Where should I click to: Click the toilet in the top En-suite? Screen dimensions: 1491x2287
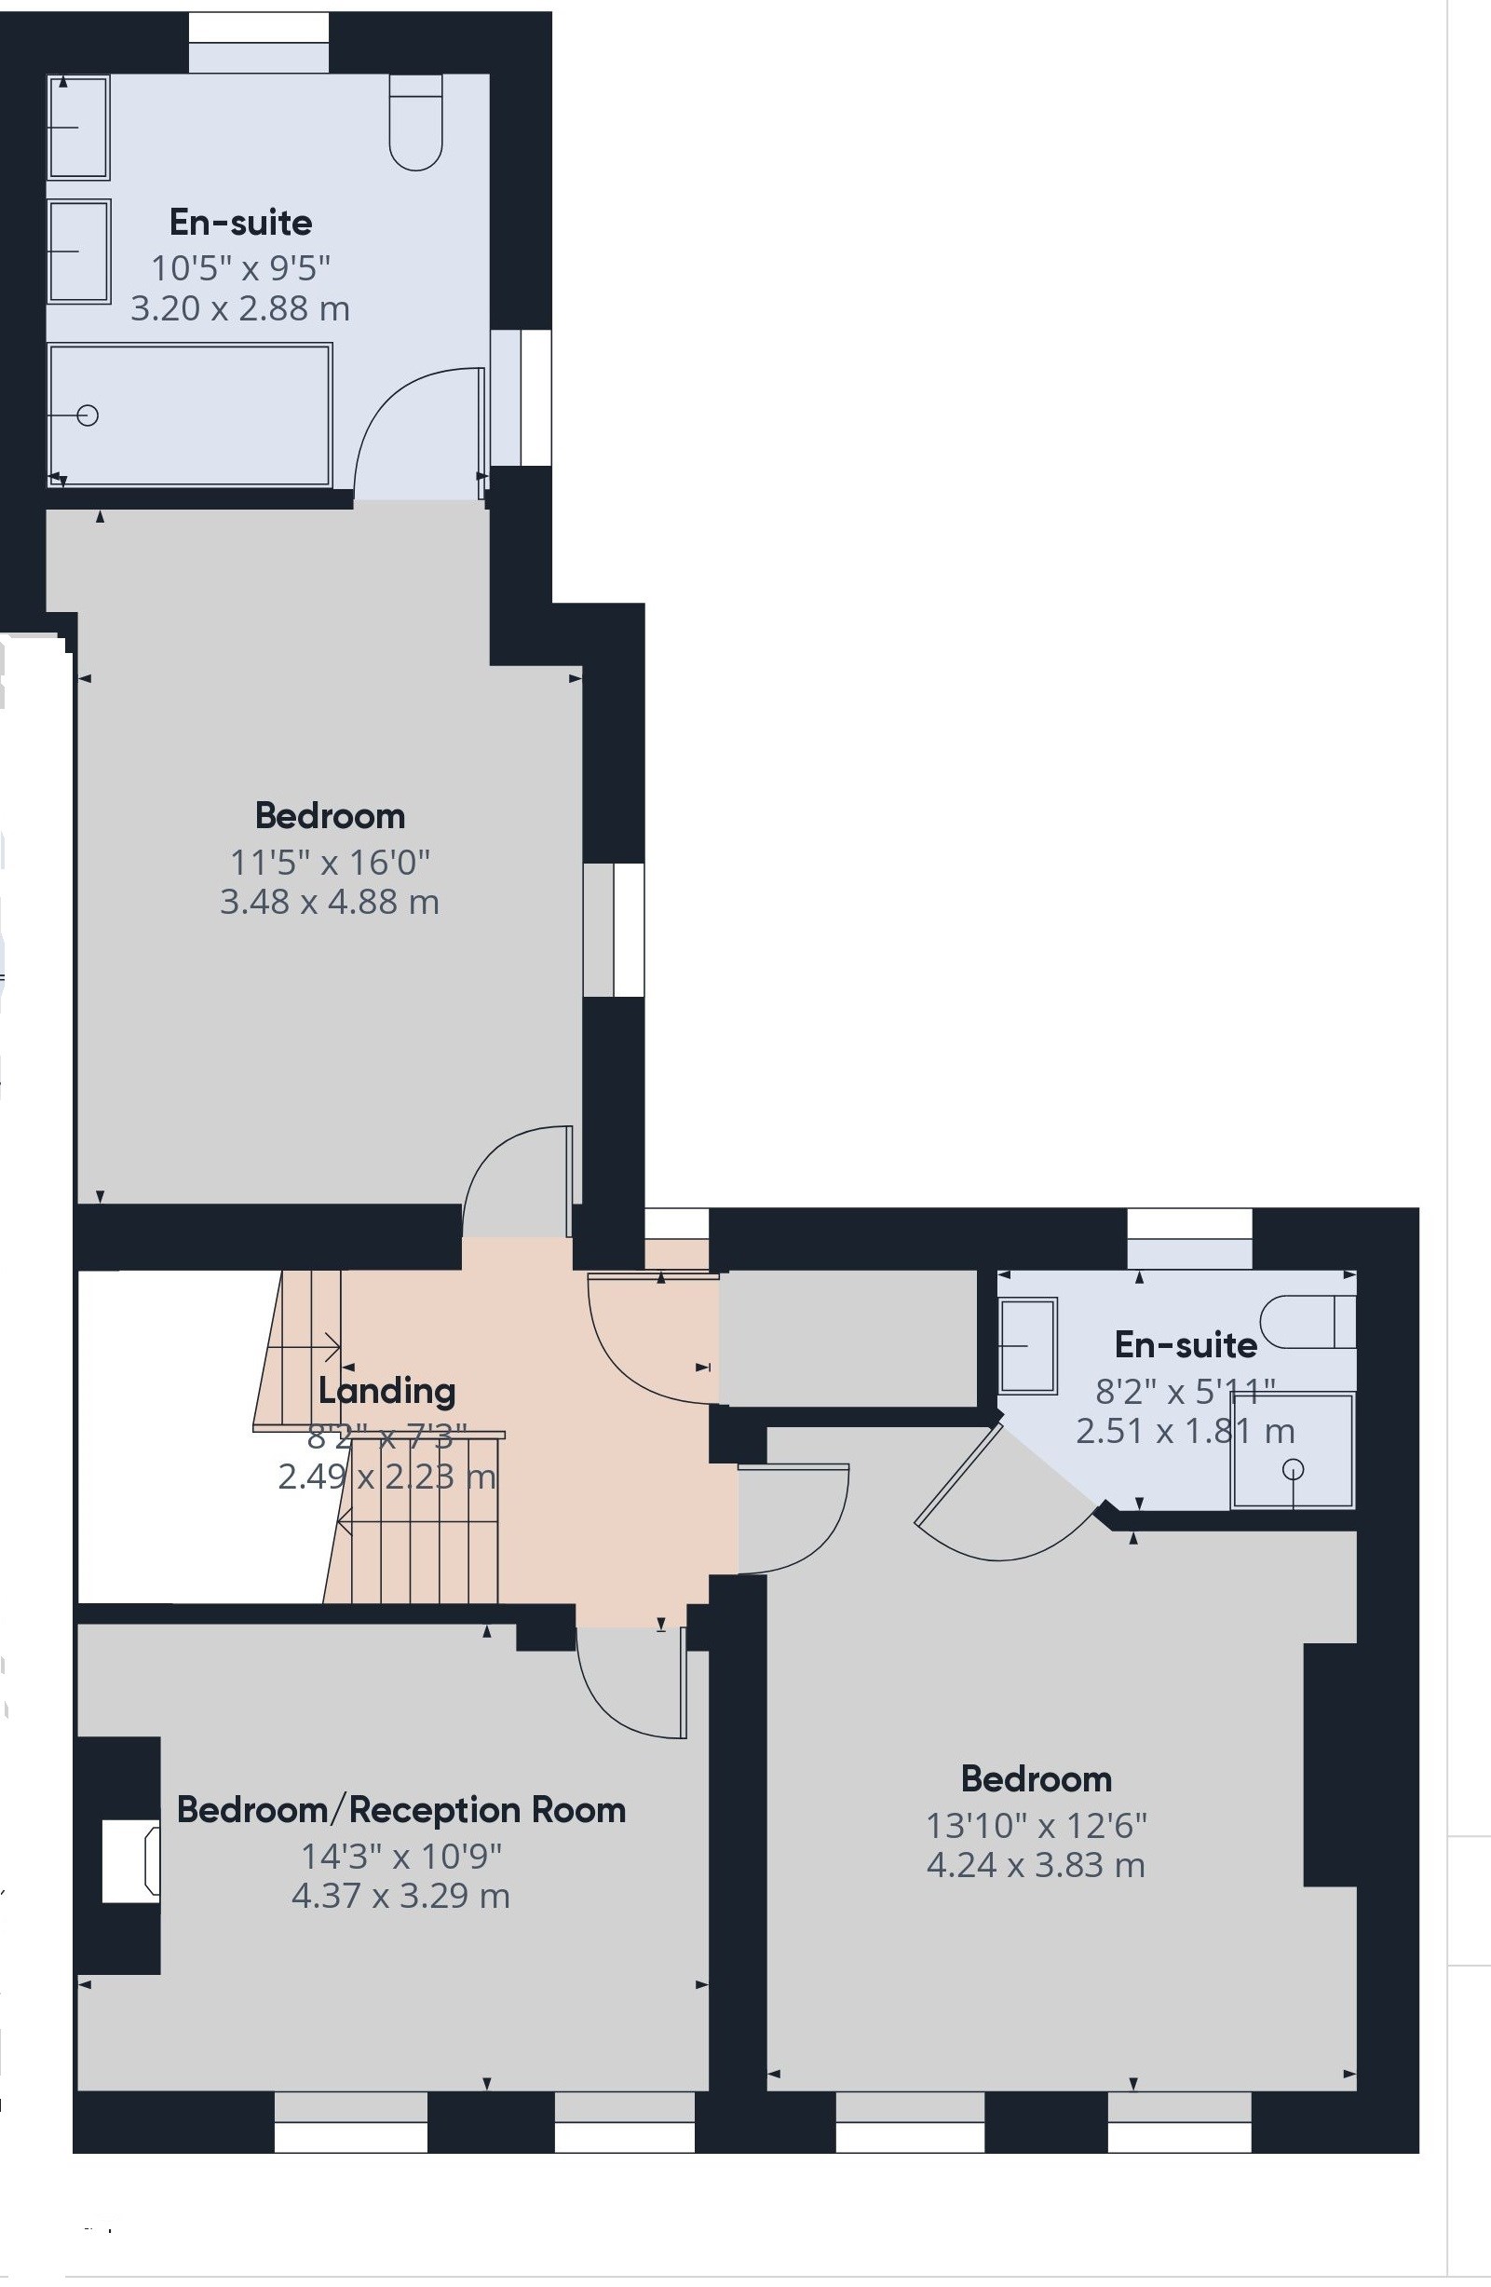416,123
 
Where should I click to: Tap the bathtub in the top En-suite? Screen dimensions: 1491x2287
190,415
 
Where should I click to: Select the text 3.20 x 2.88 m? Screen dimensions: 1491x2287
240,308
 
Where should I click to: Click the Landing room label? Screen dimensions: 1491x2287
386,1391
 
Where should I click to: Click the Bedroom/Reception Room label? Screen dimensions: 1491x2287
401,1809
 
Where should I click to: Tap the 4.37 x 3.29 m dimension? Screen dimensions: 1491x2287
400,1896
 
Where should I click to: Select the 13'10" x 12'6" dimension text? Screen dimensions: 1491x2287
1037,1824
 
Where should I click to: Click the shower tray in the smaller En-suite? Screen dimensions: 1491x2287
1293,1450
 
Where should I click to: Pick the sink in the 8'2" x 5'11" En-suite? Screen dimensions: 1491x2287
1028,1345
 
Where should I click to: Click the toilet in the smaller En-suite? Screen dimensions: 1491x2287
1308,1321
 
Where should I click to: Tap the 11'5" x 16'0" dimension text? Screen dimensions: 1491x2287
330,862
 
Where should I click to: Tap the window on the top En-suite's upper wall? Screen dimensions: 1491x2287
258,42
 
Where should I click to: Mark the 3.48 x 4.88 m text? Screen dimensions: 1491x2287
330,903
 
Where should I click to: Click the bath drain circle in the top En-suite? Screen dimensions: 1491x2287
88,415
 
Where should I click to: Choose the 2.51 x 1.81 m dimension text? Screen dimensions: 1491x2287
1186,1432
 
